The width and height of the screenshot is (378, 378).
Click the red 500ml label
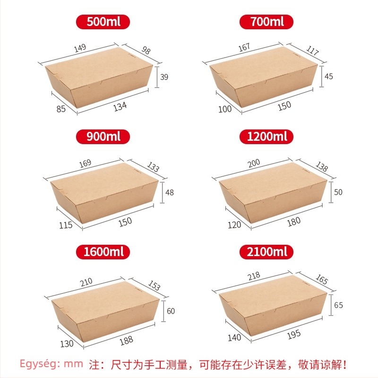tap(103, 22)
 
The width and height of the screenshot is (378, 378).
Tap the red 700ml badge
tap(266, 22)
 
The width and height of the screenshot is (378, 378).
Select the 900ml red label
tap(103, 137)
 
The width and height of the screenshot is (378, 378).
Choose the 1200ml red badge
tap(266, 137)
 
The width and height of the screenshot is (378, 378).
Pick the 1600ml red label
tap(103, 252)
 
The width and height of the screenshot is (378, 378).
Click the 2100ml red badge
tap(266, 252)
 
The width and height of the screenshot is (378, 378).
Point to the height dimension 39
tap(164, 77)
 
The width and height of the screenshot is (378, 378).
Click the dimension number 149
tap(80, 48)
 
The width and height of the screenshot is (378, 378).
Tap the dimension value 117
tap(313, 51)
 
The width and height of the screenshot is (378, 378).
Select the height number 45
tap(328, 77)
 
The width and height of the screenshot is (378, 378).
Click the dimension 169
tap(86, 163)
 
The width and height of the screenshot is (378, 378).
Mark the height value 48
tap(170, 192)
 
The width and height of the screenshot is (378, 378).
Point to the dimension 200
tap(254, 163)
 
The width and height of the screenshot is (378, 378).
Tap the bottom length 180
tap(294, 222)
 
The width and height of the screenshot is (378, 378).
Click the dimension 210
tap(86, 282)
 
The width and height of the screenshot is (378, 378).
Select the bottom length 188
tap(126, 340)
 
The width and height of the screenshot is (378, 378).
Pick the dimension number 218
tap(254, 276)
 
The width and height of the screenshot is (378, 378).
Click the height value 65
tap(338, 305)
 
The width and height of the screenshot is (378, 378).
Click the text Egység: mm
tap(52, 364)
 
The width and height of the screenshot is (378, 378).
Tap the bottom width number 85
tap(61, 109)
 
